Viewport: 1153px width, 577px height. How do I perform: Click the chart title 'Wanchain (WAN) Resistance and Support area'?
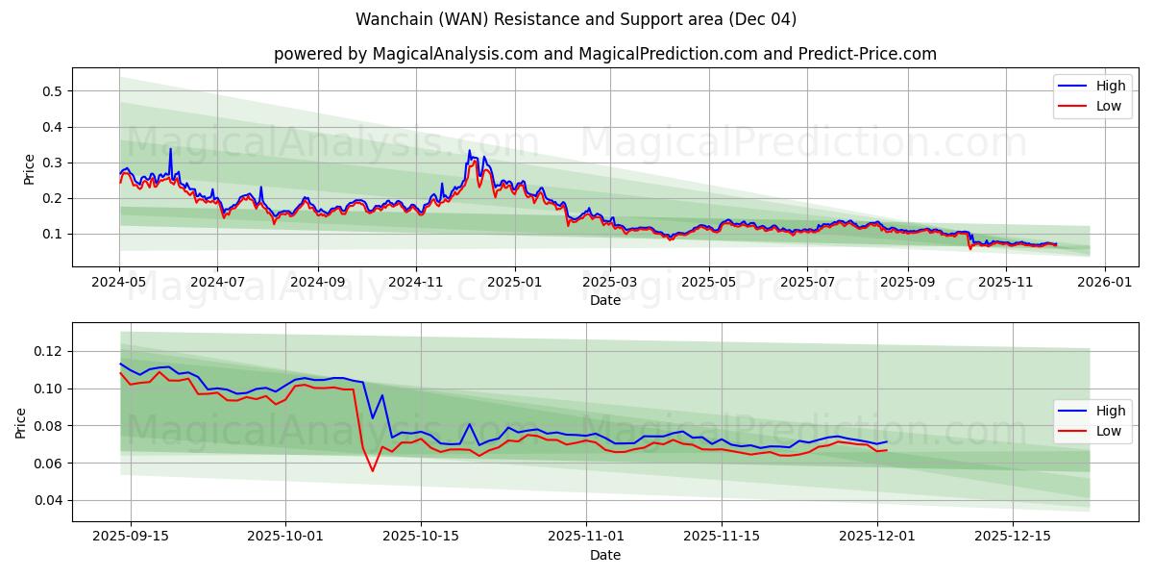coord(576,19)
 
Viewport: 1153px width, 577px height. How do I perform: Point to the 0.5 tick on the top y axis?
coord(50,91)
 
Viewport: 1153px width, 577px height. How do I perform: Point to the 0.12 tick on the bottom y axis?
coord(46,352)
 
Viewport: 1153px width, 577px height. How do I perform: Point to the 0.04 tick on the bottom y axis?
coord(46,500)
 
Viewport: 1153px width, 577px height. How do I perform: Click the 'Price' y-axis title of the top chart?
coord(29,168)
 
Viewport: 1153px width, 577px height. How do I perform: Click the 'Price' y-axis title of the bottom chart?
coord(21,423)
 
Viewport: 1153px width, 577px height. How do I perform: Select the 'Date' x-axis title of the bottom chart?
coord(604,555)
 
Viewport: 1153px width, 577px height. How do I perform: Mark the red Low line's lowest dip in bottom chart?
coord(373,470)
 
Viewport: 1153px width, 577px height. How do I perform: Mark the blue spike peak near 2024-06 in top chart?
coord(170,148)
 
